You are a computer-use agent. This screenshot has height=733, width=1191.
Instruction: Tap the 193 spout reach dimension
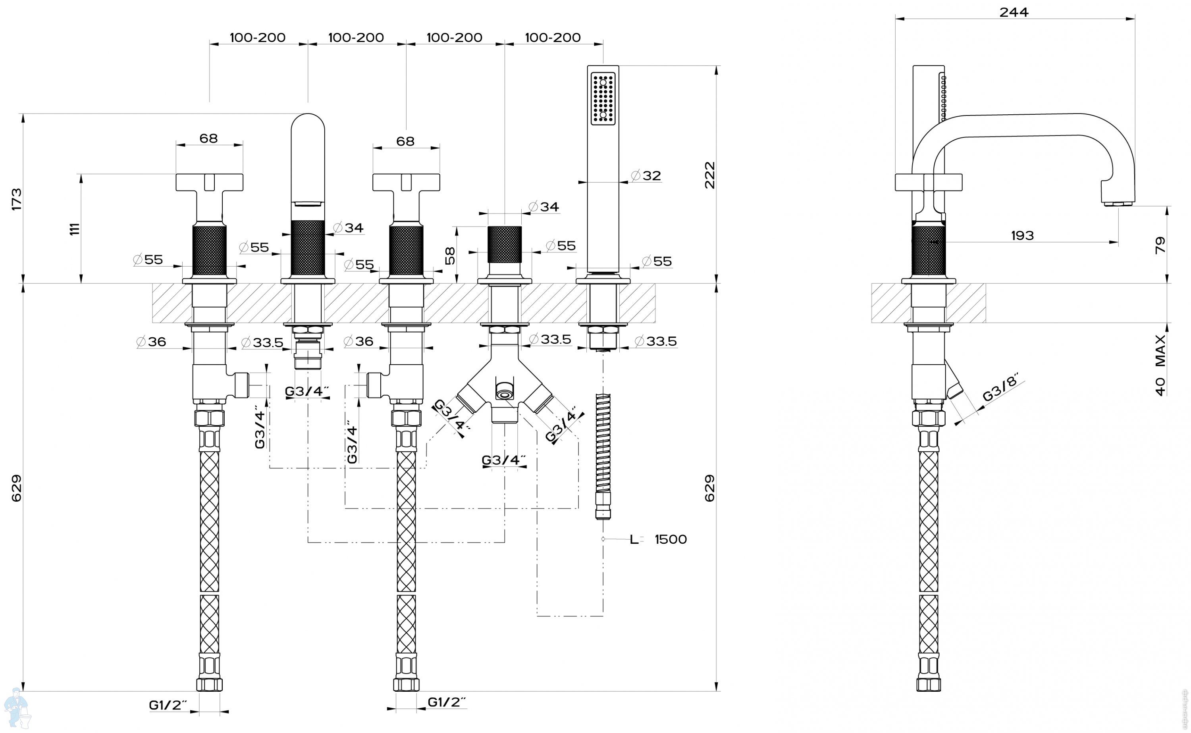click(x=1023, y=236)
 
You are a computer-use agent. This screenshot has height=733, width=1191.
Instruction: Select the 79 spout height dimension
click(x=1160, y=245)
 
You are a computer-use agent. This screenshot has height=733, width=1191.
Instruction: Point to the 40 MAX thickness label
click(x=1160, y=365)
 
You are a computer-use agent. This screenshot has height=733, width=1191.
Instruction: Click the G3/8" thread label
click(x=1000, y=387)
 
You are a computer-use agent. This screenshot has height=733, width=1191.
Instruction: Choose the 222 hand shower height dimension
click(x=709, y=175)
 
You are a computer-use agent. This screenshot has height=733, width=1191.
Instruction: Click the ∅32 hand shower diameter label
click(x=646, y=175)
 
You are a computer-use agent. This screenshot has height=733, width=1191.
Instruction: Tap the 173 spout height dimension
click(x=17, y=199)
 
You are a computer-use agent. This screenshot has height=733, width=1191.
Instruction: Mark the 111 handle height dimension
click(x=74, y=229)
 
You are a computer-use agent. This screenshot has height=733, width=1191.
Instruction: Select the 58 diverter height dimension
click(x=450, y=256)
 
